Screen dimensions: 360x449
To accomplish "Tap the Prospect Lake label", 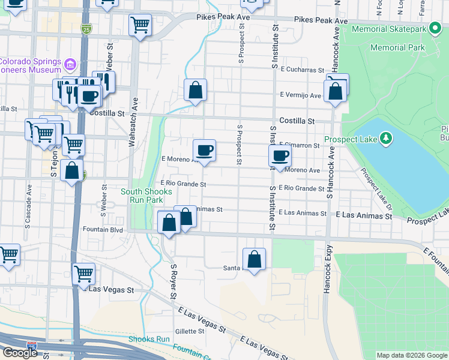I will point(351,140).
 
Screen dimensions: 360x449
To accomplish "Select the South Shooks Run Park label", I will point(146,196).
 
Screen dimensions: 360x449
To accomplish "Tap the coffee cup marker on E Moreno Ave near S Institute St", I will point(280,157).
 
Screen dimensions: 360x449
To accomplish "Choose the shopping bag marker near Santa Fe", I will point(255,259).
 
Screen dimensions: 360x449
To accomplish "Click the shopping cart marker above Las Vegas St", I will point(83,274).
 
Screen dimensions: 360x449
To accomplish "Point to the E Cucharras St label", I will point(301,70).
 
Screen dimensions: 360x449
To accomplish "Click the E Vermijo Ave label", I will point(301,95).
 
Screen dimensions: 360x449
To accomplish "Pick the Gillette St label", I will point(190,331).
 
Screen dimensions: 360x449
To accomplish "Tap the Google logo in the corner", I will point(20,353).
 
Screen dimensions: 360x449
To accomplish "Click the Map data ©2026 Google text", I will point(411,355).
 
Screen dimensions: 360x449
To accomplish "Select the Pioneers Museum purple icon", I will point(71,63).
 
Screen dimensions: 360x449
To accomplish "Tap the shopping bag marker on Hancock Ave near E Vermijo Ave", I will point(336,91).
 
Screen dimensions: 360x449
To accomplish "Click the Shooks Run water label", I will point(149,339).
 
